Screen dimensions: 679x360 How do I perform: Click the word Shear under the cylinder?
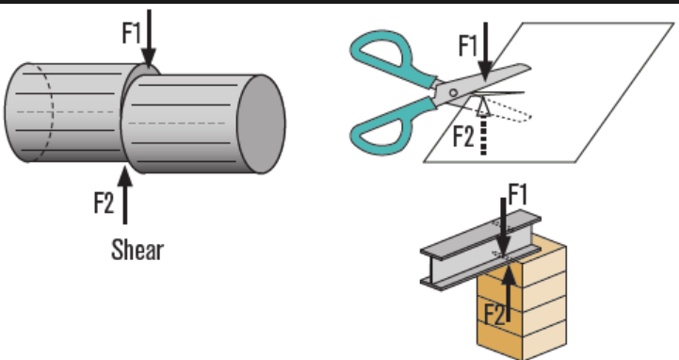point(137,250)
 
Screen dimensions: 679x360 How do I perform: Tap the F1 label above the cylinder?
point(132,32)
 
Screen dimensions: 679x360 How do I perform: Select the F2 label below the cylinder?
point(104,203)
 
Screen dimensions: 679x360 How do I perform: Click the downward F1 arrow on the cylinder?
point(149,39)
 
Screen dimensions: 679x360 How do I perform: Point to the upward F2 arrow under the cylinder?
point(125,195)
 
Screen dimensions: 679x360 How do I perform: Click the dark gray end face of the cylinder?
point(262,123)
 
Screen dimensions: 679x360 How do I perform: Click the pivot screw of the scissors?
point(453,92)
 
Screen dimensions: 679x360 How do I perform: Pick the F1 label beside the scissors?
point(468,45)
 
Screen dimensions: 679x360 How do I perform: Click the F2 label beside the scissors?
point(463,137)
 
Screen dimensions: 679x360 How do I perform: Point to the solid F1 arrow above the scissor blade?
point(485,52)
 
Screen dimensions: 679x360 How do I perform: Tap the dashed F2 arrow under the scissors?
point(483,125)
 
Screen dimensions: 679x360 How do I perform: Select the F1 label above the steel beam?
point(517,194)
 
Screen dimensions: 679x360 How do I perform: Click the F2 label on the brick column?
point(494,314)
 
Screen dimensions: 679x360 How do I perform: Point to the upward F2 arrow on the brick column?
point(509,291)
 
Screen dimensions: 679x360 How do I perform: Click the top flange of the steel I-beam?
point(480,235)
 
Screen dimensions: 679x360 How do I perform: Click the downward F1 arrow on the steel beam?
point(503,227)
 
